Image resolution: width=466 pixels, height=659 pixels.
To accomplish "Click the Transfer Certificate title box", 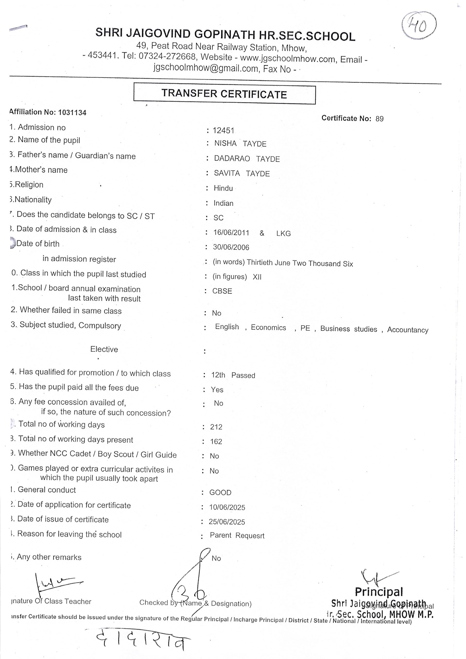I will pyautogui.click(x=224, y=93).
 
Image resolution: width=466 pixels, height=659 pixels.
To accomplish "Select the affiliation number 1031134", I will pyautogui.click(x=72, y=112).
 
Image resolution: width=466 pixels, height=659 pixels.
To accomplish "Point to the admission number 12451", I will pyautogui.click(x=223, y=131).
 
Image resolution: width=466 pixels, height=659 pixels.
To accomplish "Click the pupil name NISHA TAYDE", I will pyautogui.click(x=240, y=143).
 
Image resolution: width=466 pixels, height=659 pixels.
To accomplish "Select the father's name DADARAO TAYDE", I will pyautogui.click(x=247, y=159).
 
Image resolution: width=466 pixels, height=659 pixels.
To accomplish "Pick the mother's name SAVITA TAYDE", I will pyautogui.click(x=242, y=173).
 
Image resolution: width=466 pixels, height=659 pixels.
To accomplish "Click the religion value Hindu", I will pyautogui.click(x=223, y=188).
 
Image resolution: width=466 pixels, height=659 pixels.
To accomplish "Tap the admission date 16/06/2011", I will pyautogui.click(x=231, y=232).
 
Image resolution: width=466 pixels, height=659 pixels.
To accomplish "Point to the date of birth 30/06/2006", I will pyautogui.click(x=231, y=247).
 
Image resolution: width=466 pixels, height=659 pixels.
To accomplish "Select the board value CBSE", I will pyautogui.click(x=222, y=291).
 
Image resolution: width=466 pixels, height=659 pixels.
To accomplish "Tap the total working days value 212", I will pyautogui.click(x=216, y=427).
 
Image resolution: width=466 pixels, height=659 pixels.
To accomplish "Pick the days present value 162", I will pyautogui.click(x=216, y=441).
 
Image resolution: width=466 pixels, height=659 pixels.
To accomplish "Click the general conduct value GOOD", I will pyautogui.click(x=220, y=492).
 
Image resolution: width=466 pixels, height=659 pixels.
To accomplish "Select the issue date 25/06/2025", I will pyautogui.click(x=227, y=522).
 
